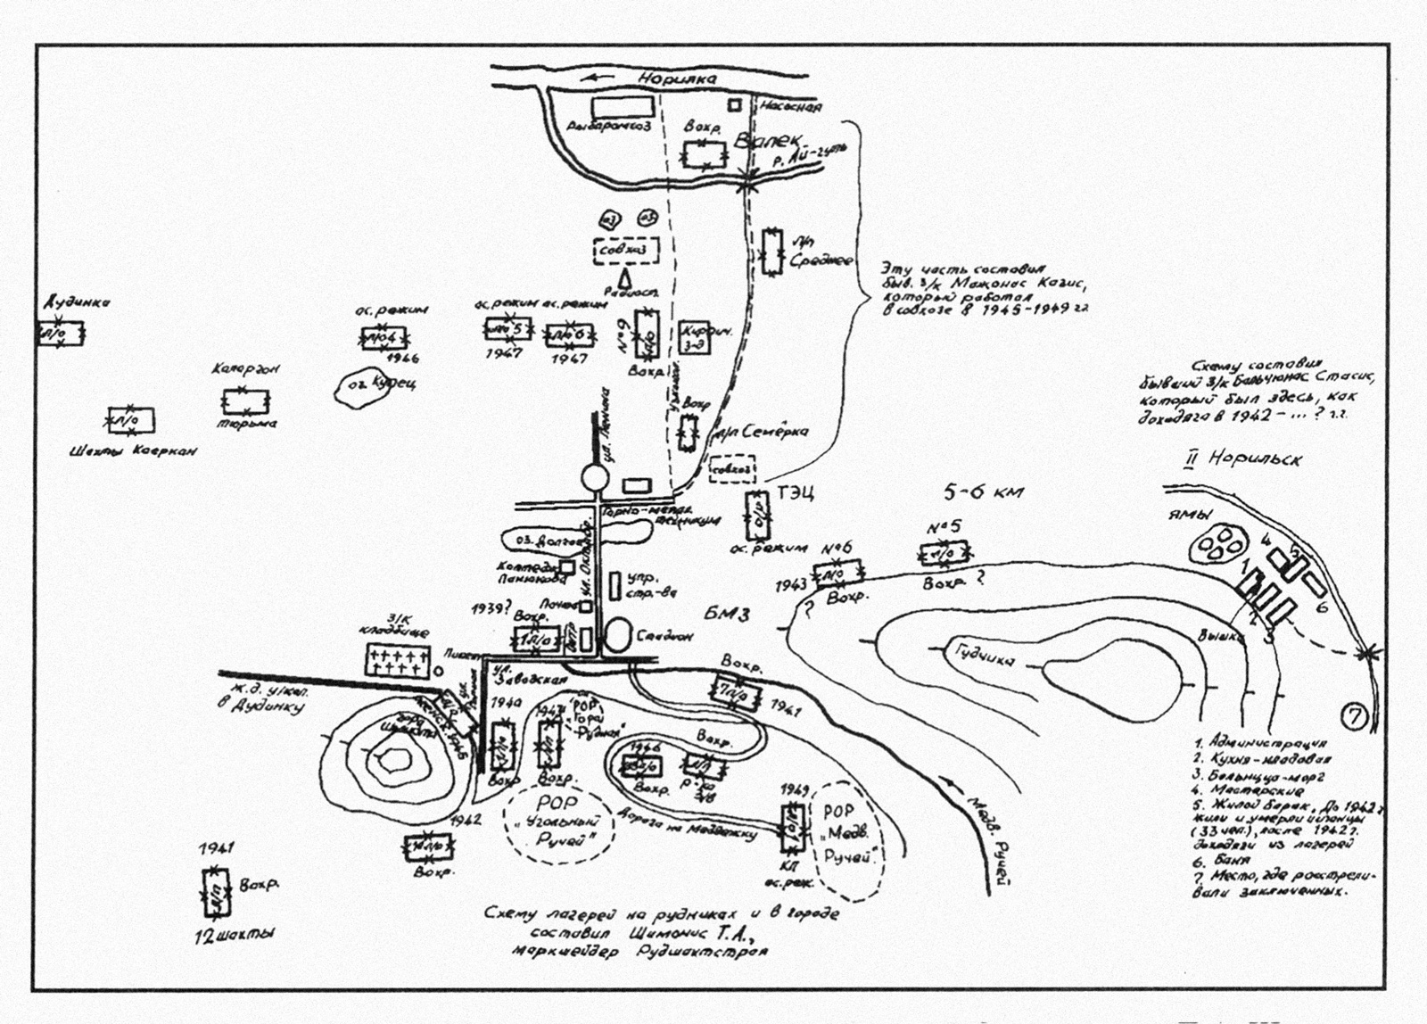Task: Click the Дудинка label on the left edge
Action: point(77,302)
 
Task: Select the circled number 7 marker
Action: point(1354,716)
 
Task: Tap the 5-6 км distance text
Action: point(984,491)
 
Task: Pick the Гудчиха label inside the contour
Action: point(985,656)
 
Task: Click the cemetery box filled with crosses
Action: point(398,661)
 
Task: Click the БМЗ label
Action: point(727,614)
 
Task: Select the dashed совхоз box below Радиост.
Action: point(627,251)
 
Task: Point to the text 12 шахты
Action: point(235,935)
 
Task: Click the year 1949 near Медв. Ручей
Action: point(794,790)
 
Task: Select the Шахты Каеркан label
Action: point(133,450)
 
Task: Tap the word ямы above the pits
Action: point(1190,515)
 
